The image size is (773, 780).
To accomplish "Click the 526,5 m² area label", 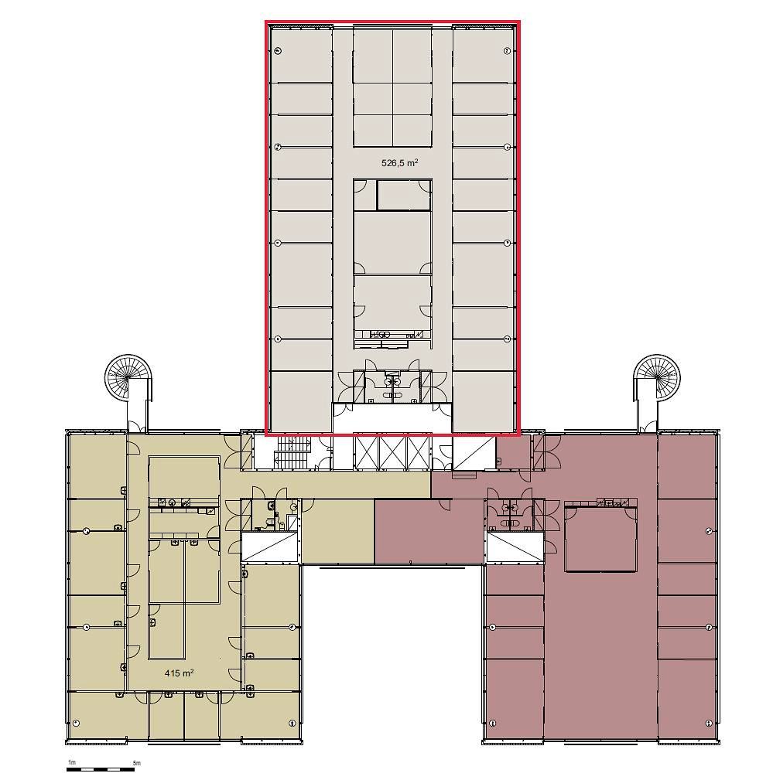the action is coord(399,162).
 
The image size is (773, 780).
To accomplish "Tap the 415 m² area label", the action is coord(179,673).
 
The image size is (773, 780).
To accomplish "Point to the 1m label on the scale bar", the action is coord(71,762).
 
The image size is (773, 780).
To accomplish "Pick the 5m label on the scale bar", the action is coord(136,762).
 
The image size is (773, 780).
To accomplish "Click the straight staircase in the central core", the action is coord(293,451).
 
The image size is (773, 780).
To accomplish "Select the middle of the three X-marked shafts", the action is coord(392,451).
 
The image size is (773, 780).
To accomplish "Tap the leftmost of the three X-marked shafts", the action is coord(366,451).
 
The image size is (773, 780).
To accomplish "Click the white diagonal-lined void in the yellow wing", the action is coord(269,547).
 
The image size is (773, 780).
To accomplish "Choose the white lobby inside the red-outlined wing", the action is coord(392,418).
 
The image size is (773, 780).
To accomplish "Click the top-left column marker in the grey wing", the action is coord(278,50).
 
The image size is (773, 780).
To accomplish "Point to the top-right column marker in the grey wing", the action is coord(507,51).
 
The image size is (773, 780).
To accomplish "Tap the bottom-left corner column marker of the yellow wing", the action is coord(76,722).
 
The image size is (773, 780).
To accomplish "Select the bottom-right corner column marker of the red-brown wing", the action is coord(710,723).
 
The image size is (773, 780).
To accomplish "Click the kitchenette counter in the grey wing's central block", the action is coord(392,334).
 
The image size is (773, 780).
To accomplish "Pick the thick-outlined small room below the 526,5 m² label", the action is coord(403,195).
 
